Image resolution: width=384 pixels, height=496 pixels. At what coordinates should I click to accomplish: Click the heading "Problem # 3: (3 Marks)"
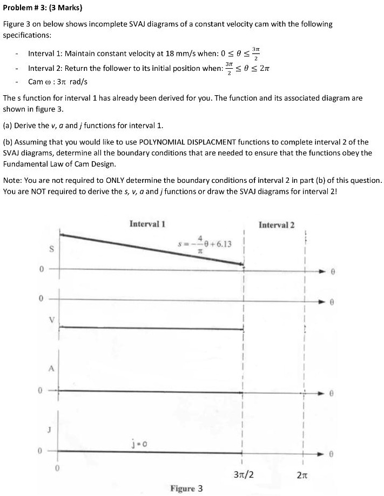(x=39, y=8)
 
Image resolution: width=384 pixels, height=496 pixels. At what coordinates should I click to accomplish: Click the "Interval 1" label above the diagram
(x=147, y=224)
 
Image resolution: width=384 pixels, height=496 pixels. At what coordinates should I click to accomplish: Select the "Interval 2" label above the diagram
(x=277, y=224)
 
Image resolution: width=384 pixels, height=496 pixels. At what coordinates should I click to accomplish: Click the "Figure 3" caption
(x=186, y=488)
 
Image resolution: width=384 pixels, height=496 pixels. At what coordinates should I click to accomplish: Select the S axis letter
(x=52, y=250)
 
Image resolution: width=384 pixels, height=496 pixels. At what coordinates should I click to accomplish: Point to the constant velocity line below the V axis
(x=151, y=328)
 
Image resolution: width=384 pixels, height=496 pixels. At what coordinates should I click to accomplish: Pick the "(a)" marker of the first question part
(x=8, y=126)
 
